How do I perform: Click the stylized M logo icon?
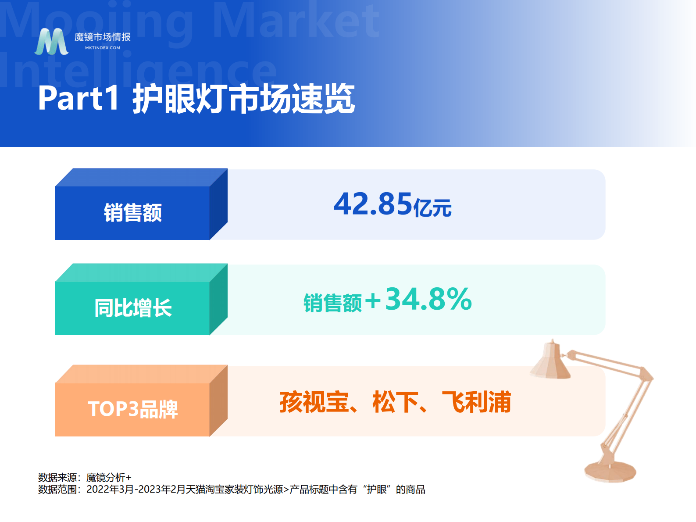pyautogui.click(x=52, y=42)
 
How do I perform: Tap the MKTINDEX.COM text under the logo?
pyautogui.click(x=103, y=48)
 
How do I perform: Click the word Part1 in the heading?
pyautogui.click(x=79, y=98)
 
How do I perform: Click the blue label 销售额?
pyautogui.click(x=132, y=213)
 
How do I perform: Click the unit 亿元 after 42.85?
pyautogui.click(x=432, y=207)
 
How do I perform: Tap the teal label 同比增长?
pyautogui.click(x=132, y=308)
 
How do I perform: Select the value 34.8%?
pyautogui.click(x=428, y=300)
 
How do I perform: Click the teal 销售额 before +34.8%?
pyautogui.click(x=332, y=303)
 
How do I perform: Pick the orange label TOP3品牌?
pyautogui.click(x=132, y=409)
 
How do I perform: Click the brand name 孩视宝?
pyautogui.click(x=314, y=402)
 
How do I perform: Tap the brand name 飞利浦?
pyautogui.click(x=476, y=402)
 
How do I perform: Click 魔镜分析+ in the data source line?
pyautogui.click(x=109, y=477)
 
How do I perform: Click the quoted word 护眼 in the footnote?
pyautogui.click(x=377, y=490)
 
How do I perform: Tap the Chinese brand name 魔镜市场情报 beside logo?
pyautogui.click(x=103, y=37)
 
